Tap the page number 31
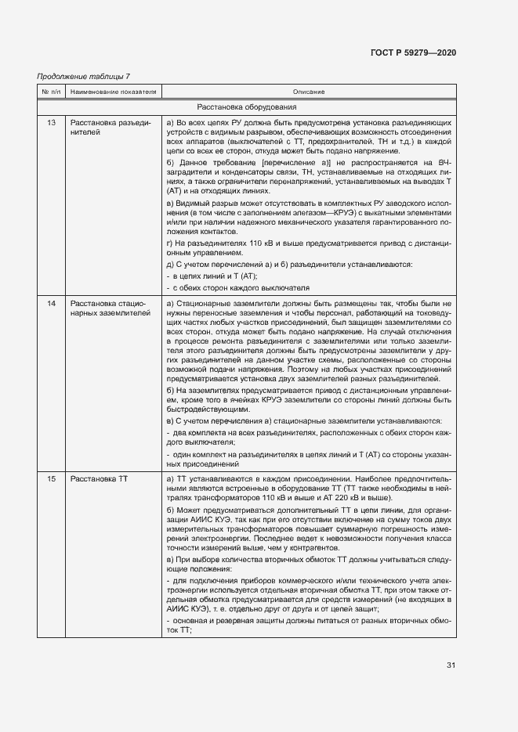click(x=451, y=665)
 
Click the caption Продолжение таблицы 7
click(x=84, y=76)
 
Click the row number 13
click(x=52, y=123)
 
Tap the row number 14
click(x=52, y=303)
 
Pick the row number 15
click(x=52, y=478)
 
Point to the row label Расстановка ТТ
click(x=99, y=478)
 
